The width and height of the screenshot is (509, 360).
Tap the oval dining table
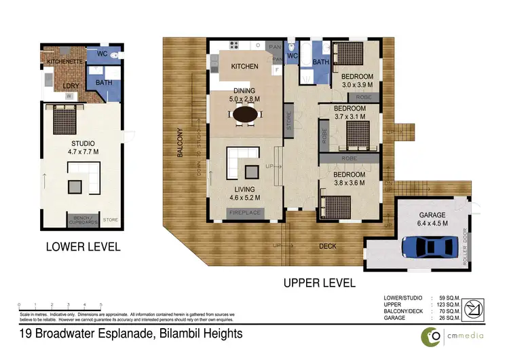click(x=246, y=115)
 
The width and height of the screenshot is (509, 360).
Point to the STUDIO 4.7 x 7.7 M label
click(x=82, y=147)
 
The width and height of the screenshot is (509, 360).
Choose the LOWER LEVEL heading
click(x=83, y=247)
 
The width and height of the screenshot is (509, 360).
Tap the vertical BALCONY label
click(x=180, y=143)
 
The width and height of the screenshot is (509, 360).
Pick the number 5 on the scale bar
click(x=101, y=304)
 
